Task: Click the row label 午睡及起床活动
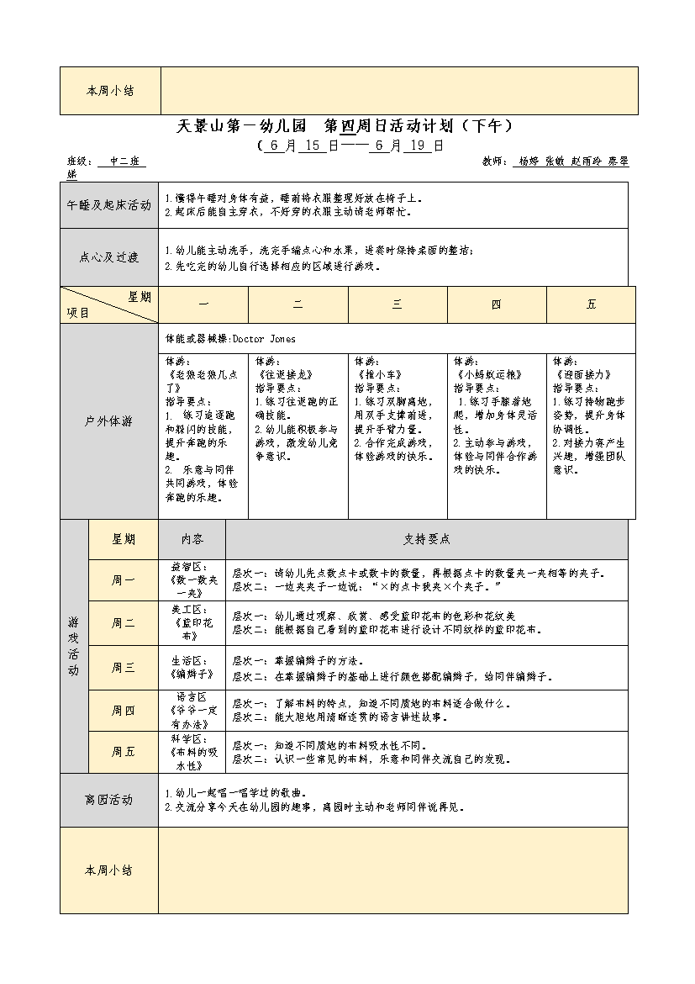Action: point(109,205)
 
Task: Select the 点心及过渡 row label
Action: point(109,257)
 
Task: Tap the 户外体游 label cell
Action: point(109,421)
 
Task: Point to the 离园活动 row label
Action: point(109,800)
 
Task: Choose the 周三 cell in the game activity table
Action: point(124,668)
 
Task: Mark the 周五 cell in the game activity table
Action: point(124,752)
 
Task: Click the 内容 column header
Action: point(192,539)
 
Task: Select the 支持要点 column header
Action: point(427,539)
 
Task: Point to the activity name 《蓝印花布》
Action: point(192,629)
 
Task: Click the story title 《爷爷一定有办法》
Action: point(192,716)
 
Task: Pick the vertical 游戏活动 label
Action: point(74,647)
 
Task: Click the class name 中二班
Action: point(121,161)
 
